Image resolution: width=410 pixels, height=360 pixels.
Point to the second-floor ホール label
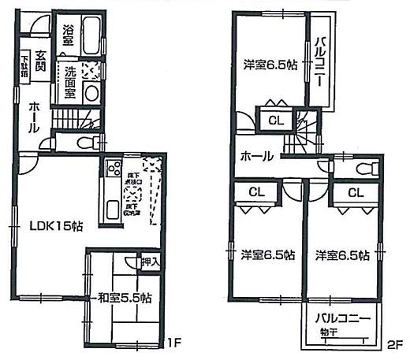[x=258, y=156]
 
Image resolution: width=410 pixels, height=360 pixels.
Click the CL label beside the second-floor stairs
[x=274, y=121]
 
